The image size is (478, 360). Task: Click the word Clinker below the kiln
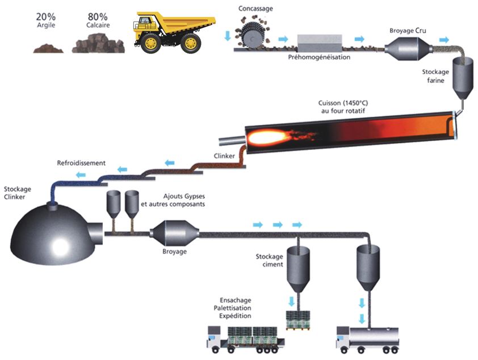coord(224,156)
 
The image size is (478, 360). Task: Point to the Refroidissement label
coord(81,164)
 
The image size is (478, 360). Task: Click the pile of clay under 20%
coord(48,49)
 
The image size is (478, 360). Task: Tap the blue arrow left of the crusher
coord(228,36)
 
